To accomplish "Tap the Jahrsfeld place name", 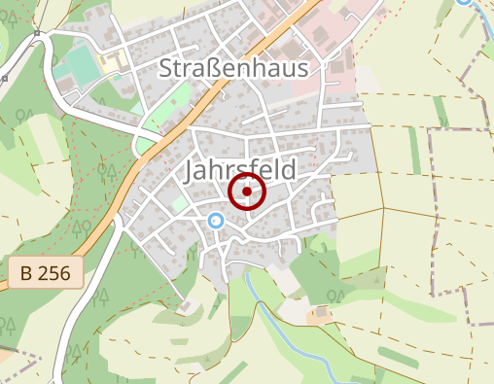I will (238, 170).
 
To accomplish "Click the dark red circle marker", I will (247, 192).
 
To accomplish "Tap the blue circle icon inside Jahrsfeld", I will (216, 222).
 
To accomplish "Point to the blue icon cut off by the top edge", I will (464, 2).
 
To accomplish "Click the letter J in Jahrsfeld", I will (188, 172).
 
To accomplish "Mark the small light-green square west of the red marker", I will (177, 204).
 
